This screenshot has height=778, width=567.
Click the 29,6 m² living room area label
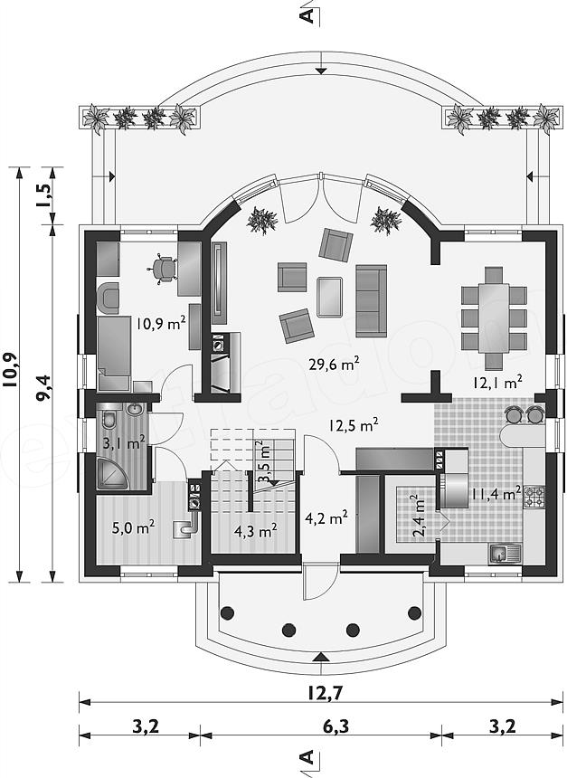(x=341, y=365)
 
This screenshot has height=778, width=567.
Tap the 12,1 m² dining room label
(x=497, y=382)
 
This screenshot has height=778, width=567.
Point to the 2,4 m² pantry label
(x=419, y=516)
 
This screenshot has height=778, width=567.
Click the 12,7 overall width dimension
(x=325, y=693)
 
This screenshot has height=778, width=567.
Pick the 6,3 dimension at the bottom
(x=335, y=726)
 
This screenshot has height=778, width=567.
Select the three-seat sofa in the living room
(x=371, y=300)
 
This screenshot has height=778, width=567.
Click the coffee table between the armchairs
(x=330, y=297)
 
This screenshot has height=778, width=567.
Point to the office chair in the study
(x=163, y=270)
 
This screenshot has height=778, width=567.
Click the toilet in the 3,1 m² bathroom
(x=109, y=419)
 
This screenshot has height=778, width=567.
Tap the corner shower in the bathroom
(x=113, y=473)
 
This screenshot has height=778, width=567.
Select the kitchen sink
(x=506, y=553)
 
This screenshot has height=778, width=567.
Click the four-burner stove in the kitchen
(x=534, y=497)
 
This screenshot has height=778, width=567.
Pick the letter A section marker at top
(x=308, y=15)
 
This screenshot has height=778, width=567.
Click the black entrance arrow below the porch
(x=321, y=657)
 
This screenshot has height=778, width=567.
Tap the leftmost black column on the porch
(x=227, y=612)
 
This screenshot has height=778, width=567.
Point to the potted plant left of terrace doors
(x=261, y=221)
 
